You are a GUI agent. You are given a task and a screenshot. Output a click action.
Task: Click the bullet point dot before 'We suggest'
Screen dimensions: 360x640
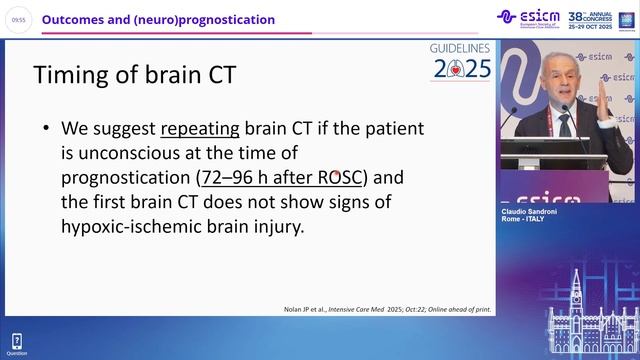click(x=45, y=130)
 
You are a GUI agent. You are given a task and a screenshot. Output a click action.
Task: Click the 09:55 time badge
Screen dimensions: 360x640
click(x=18, y=19)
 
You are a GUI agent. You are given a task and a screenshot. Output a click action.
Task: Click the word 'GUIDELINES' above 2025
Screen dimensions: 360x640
click(x=459, y=47)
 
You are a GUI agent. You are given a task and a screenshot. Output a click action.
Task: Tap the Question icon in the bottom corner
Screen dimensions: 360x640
click(x=17, y=343)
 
